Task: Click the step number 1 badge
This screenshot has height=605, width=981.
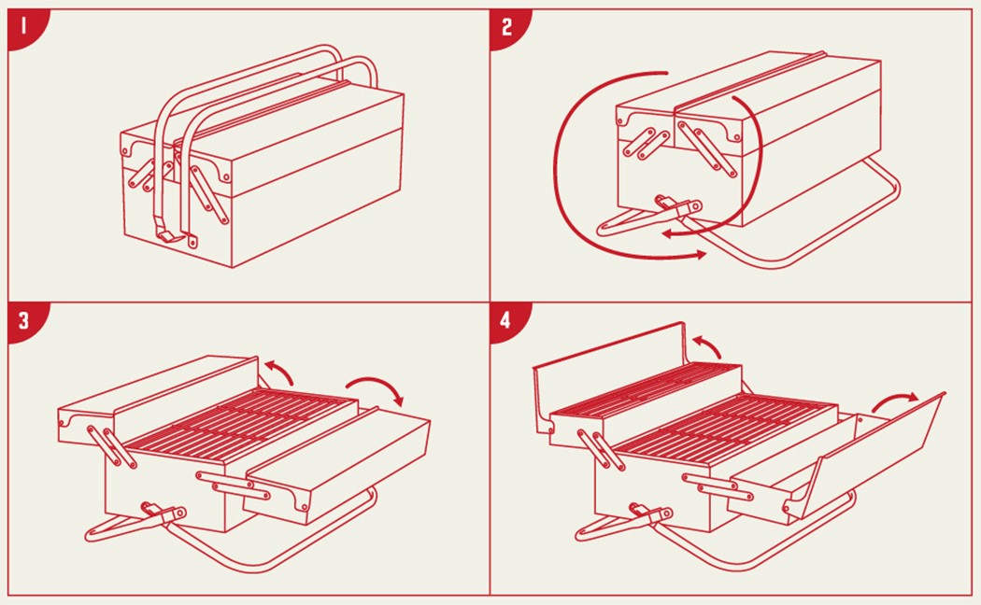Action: click(25, 26)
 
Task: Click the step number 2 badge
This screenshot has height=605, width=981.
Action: click(505, 26)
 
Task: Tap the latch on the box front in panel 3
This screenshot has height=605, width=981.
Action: click(163, 514)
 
